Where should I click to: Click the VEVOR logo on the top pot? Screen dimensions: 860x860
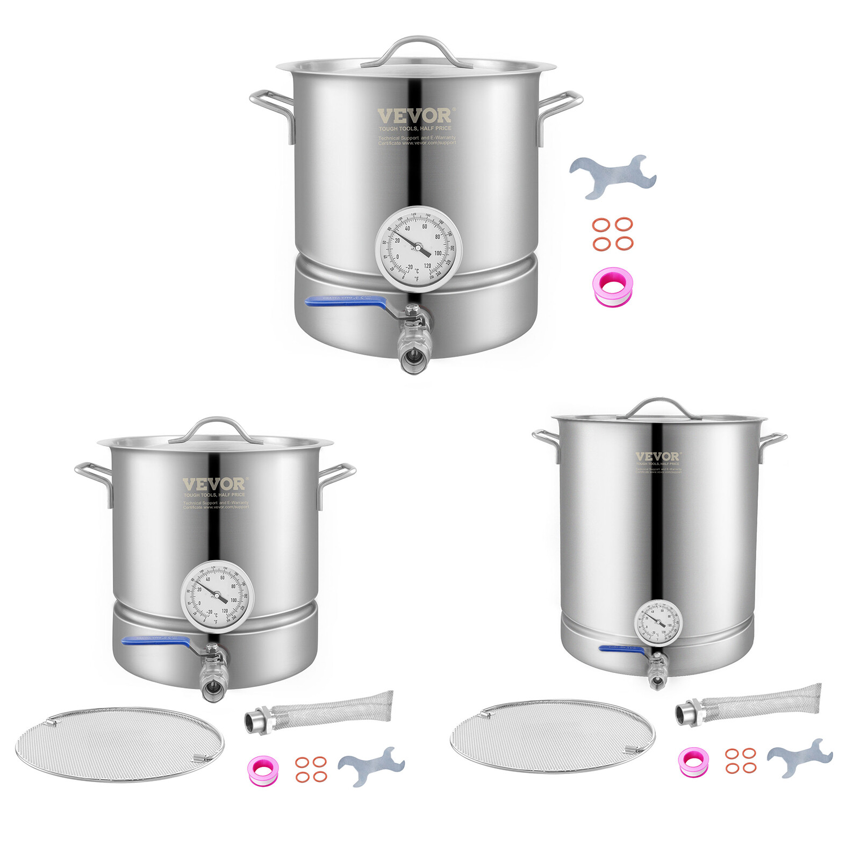tap(415, 116)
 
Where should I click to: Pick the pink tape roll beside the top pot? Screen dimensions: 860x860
tap(613, 286)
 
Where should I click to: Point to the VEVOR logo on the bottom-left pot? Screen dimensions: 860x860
tap(213, 484)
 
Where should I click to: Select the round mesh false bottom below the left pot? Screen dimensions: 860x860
tap(119, 744)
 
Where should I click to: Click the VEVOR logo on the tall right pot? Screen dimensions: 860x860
tap(657, 456)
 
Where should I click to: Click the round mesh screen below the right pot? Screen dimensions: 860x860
tap(553, 736)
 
